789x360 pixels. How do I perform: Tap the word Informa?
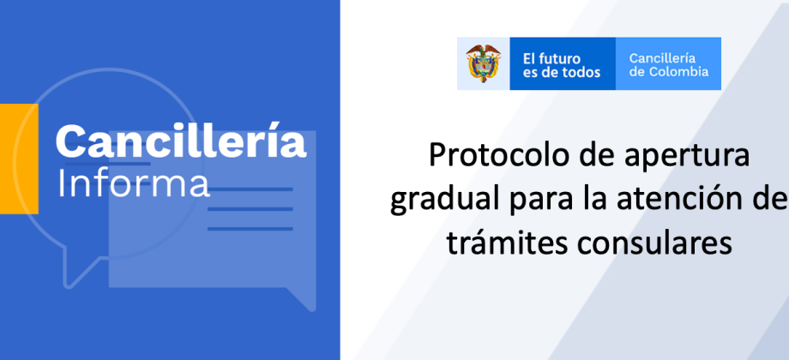pyautogui.click(x=133, y=184)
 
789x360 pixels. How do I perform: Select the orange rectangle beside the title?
pyautogui.click(x=19, y=159)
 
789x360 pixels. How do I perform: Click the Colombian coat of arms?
pyautogui.click(x=483, y=63)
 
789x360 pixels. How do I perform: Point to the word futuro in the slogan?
pyautogui.click(x=558, y=58)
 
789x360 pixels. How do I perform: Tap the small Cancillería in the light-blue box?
pyautogui.click(x=662, y=57)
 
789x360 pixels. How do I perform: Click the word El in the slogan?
pyautogui.click(x=528, y=58)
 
